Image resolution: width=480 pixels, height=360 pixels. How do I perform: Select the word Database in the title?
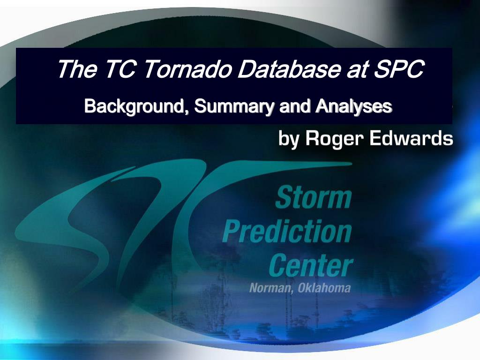point(288,69)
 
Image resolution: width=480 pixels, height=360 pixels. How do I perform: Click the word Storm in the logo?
point(314,198)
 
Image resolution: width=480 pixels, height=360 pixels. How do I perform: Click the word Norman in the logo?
point(270,288)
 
